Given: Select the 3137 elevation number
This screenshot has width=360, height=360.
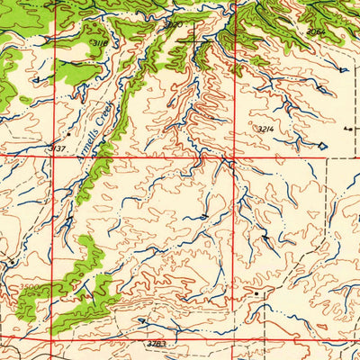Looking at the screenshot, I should point(58,148).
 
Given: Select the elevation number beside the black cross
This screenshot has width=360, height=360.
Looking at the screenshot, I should point(171,24).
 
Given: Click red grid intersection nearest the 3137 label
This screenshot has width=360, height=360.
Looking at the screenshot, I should point(52,156).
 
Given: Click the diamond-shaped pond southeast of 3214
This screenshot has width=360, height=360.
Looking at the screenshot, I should point(321,145).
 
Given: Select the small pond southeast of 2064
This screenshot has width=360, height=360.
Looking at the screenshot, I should point(344,69).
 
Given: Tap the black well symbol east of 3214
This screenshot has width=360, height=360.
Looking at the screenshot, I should point(346,129).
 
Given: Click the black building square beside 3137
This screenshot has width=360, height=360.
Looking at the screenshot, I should point(68,135).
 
